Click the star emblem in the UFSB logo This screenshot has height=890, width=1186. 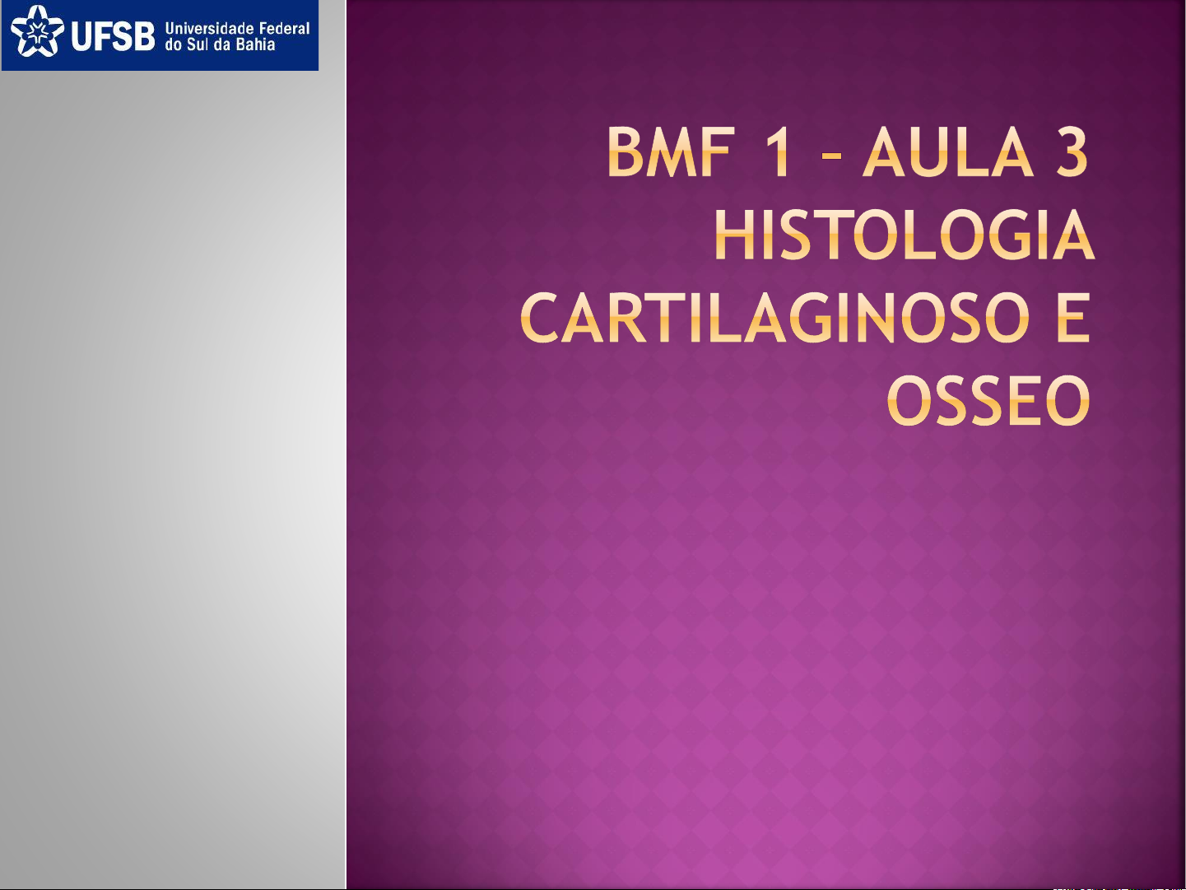pos(37,30)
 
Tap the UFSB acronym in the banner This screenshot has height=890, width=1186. pos(113,37)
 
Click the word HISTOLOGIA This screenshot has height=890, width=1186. pos(903,235)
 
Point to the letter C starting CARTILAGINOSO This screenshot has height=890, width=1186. pos(539,318)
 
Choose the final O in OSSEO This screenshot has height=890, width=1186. pos(1067,400)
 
